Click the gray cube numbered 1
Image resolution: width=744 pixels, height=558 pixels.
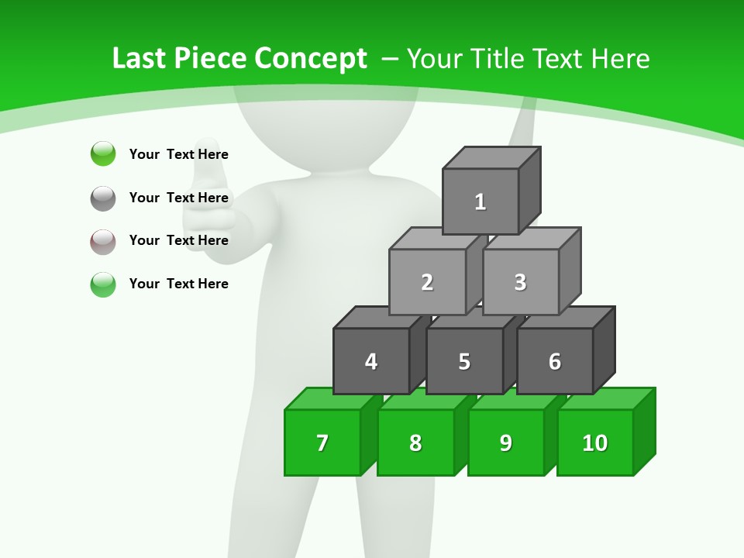click(480, 201)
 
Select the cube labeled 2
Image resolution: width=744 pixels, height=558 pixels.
click(427, 282)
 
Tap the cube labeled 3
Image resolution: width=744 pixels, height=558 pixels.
click(520, 282)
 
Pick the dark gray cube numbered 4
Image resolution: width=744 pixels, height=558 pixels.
click(371, 361)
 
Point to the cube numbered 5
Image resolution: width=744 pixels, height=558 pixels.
click(464, 361)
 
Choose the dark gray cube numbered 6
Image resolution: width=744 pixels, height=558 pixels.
click(554, 361)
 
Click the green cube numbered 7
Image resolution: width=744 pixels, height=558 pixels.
click(322, 443)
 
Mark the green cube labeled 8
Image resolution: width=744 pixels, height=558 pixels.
click(415, 443)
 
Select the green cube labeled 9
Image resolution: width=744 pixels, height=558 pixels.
click(505, 443)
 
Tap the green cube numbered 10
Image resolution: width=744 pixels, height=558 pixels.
click(594, 443)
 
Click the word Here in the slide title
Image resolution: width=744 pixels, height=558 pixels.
click(620, 59)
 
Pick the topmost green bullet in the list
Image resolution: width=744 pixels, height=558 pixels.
click(103, 153)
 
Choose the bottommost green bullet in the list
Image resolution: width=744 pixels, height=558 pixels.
click(103, 284)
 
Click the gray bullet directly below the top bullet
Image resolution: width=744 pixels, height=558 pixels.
click(103, 198)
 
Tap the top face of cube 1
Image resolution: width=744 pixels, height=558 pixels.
click(491, 157)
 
